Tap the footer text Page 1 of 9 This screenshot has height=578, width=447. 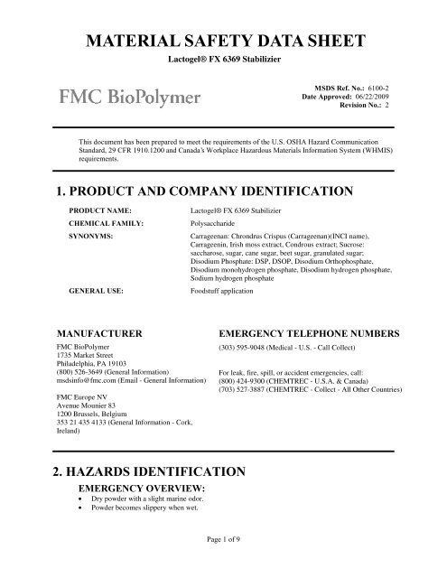coord(222,564)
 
